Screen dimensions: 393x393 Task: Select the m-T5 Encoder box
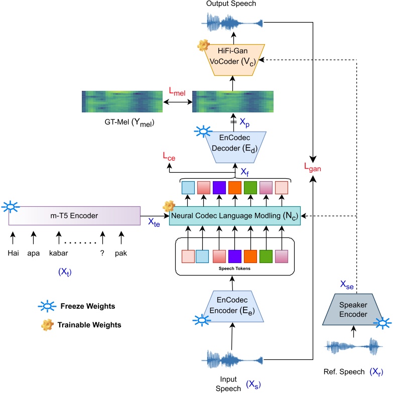coord(74,215)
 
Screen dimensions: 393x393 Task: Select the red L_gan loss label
coord(313,166)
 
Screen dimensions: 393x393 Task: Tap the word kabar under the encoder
coord(59,252)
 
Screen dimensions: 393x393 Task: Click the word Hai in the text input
coord(13,252)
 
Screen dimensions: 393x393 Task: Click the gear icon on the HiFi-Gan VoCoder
coord(203,46)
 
